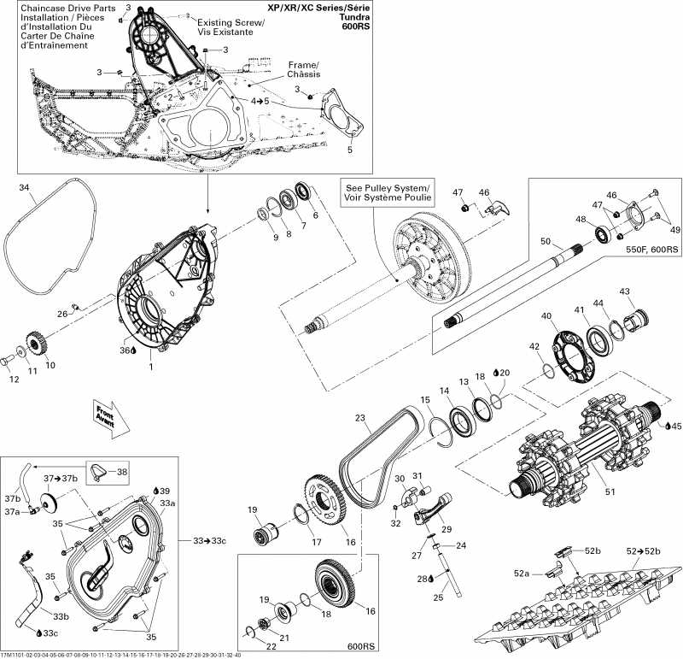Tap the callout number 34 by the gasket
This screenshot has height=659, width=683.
[x=24, y=187]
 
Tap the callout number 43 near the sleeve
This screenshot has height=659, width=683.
[x=625, y=292]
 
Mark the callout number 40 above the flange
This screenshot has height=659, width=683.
[x=546, y=315]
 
